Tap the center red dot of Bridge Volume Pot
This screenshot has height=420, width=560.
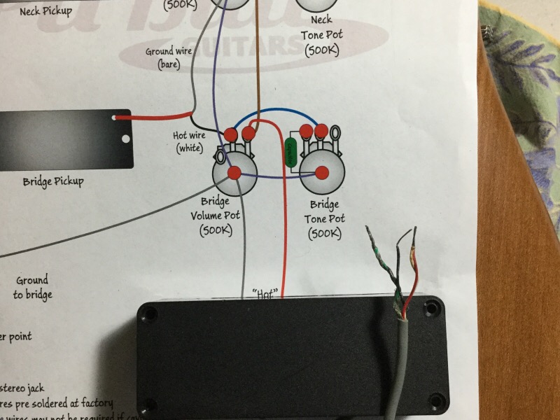(234, 172)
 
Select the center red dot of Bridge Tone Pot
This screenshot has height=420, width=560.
(323, 172)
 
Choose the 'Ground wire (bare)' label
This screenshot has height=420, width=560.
(169, 57)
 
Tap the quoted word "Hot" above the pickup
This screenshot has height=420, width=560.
(265, 293)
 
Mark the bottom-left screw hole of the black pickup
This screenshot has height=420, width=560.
(148, 404)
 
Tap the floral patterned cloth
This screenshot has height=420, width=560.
(521, 77)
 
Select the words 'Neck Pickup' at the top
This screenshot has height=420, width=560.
(43, 10)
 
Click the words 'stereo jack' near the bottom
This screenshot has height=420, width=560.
(25, 386)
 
